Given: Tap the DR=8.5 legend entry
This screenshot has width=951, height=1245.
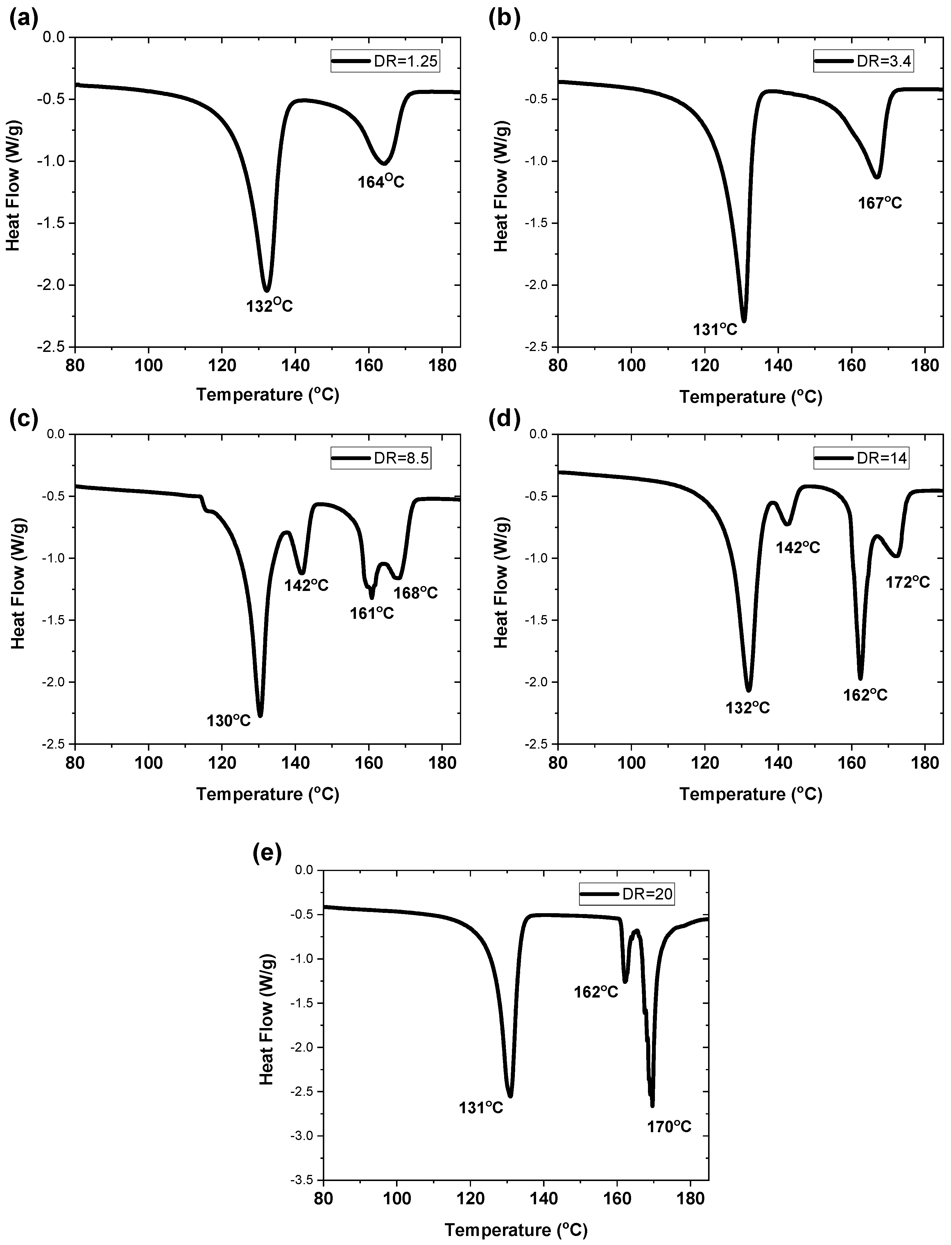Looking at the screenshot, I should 380,458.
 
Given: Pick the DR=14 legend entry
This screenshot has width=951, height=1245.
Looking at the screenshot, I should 860,458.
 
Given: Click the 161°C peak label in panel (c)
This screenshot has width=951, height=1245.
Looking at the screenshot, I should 371,613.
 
